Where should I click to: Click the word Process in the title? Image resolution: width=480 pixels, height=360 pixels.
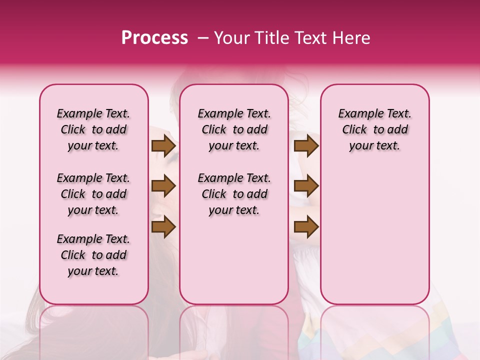point(154,37)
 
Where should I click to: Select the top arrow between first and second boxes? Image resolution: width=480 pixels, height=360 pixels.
point(163,146)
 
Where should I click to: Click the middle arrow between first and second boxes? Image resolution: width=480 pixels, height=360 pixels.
point(163,186)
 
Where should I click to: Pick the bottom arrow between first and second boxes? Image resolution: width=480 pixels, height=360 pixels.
point(163,227)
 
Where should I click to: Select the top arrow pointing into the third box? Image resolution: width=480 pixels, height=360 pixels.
point(306,146)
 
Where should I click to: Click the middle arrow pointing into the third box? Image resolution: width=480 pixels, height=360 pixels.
point(306,186)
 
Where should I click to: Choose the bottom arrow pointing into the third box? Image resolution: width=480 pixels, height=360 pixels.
point(306,227)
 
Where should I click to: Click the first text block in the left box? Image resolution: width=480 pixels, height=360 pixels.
point(93,129)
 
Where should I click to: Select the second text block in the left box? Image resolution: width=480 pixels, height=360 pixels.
point(93,194)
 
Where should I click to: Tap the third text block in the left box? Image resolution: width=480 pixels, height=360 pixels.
point(93,255)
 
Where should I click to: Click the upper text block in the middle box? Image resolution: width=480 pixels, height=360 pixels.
point(234,129)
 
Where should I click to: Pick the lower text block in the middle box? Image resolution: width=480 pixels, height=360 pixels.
point(234,194)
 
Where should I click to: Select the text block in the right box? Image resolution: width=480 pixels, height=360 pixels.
point(374,129)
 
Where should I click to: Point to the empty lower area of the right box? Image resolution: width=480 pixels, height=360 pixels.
point(374,230)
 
